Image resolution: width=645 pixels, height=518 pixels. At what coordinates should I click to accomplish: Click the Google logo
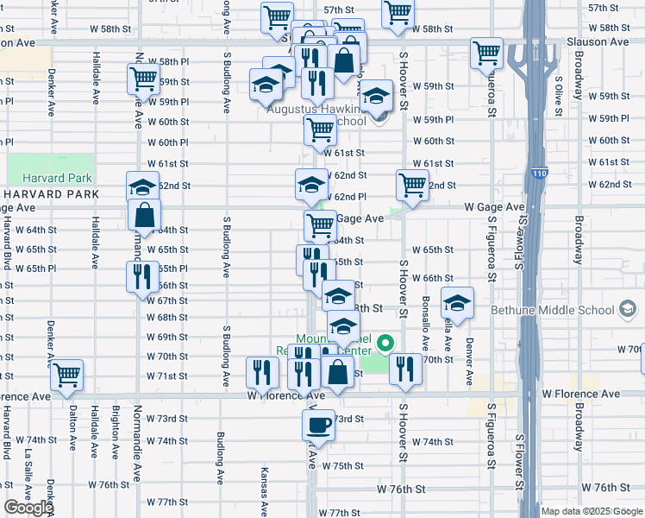point(28,509)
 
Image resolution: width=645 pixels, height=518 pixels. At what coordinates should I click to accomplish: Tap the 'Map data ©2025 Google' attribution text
point(592,511)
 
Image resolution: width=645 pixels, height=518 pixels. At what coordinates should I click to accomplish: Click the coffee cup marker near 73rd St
point(318,425)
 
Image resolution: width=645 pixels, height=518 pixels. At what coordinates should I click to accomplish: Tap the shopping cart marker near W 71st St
point(66,376)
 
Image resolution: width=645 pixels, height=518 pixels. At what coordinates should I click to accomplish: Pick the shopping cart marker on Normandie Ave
point(143,79)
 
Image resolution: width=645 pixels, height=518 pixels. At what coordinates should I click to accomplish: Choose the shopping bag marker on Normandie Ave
point(145,214)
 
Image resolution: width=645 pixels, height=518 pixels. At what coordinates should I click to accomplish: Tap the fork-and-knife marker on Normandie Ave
point(141,277)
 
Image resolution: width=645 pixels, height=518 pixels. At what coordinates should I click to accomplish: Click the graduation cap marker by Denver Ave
point(457,303)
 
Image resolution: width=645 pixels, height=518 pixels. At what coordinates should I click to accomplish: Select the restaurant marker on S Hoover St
point(404,370)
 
